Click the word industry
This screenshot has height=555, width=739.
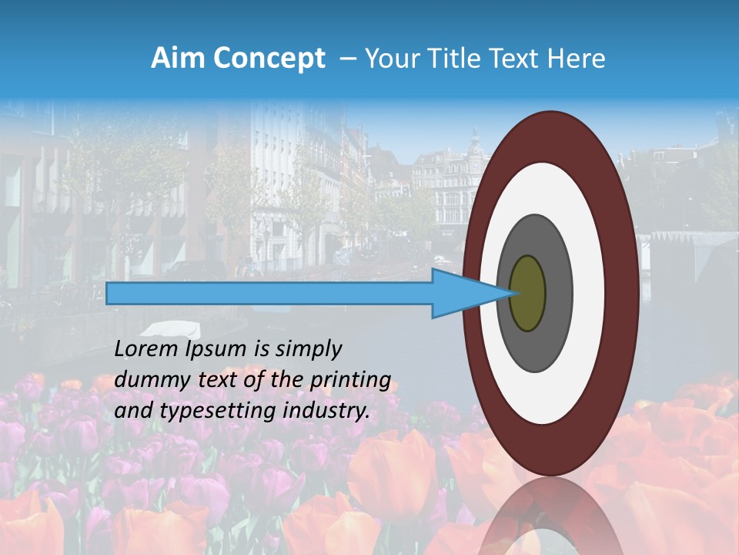326,411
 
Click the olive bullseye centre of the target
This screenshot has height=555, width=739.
527,293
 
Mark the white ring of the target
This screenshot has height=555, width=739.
588,293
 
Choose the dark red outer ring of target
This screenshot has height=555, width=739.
623,293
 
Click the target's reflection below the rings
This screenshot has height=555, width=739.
550,516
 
